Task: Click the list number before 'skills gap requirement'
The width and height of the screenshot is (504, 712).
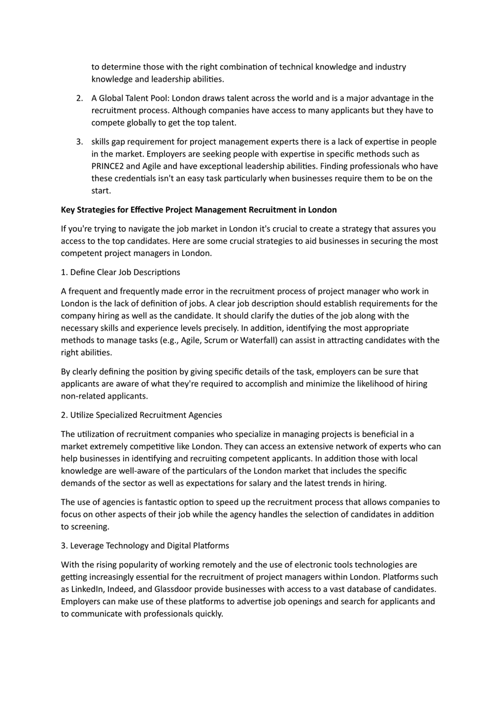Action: [80, 142]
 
